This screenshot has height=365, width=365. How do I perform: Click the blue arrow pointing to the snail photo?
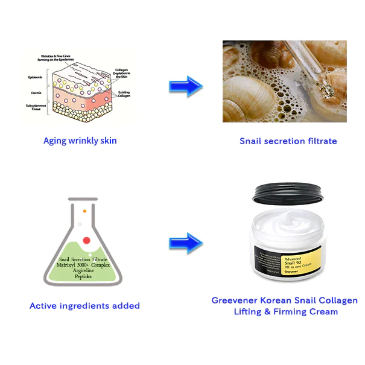185,86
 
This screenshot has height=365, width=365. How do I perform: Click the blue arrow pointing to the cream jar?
185,243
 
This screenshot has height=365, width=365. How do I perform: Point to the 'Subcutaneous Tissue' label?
35,109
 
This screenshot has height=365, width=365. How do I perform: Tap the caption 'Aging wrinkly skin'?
80,141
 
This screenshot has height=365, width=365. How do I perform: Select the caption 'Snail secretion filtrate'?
288,141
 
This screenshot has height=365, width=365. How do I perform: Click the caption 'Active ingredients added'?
84,306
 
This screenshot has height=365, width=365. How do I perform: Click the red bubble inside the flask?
86,240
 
